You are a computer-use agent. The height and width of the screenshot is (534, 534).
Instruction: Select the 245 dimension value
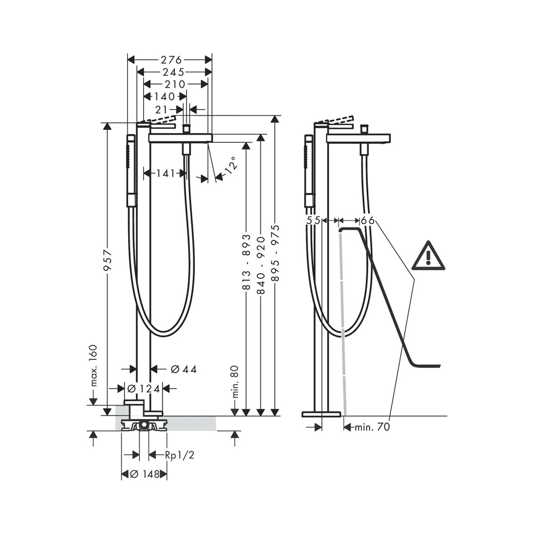pos(174,72)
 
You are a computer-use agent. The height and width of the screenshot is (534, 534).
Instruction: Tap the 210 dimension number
pos(175,84)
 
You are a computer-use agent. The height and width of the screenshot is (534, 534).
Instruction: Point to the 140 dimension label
pos(164,97)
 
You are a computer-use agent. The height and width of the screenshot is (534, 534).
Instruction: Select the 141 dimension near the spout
pos(166,173)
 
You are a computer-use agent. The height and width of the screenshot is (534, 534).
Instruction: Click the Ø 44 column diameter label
pos(182,369)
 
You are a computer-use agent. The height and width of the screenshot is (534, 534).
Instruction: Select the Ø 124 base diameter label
pos(143,389)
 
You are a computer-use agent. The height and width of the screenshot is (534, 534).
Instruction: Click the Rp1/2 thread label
pos(176,455)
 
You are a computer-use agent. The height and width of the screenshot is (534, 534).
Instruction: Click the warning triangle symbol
pos(428,256)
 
